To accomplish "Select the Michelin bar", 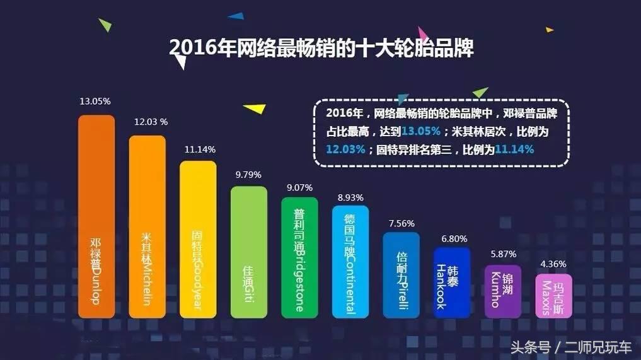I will (x=147, y=227).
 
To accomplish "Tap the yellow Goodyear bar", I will (x=198, y=240).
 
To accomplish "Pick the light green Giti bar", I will (x=249, y=252).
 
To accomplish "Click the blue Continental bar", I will (x=350, y=262).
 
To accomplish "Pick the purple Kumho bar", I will (x=503, y=291).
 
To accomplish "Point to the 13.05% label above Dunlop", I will (x=95, y=101).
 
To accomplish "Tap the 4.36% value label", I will (x=553, y=264).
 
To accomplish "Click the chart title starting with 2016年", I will (x=321, y=49).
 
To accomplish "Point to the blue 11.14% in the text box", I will (x=514, y=149).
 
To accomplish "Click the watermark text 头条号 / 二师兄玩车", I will (x=570, y=347).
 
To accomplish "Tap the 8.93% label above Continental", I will (x=350, y=197).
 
